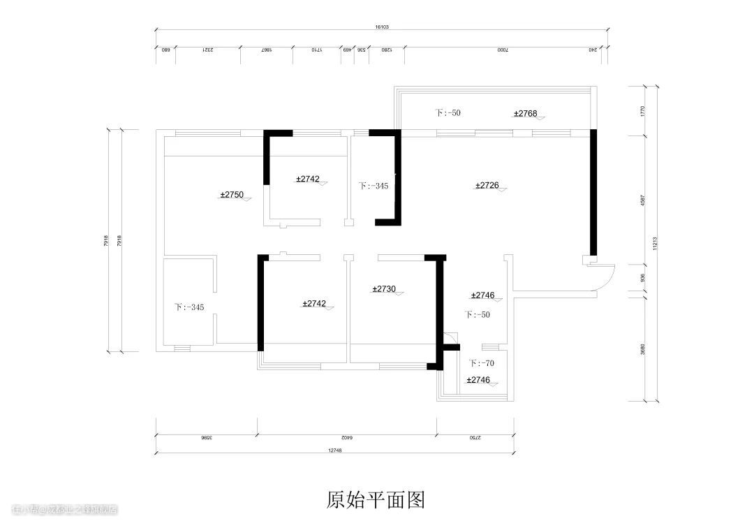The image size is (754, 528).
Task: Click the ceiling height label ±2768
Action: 526,113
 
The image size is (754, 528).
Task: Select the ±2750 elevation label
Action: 232,195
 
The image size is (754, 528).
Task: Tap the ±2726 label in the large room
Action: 487,185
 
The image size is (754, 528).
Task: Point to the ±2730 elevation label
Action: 384,288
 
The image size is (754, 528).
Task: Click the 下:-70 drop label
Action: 482,363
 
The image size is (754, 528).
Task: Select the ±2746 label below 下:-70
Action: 478,380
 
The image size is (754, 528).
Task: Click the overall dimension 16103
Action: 381,27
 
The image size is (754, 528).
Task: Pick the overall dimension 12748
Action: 334,450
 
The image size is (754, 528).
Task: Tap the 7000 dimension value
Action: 503,50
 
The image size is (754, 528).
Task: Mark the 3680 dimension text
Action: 642,349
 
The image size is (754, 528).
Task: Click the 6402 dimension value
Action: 347,438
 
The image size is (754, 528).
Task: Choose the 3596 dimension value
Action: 206,438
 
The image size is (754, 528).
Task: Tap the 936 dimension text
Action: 642,277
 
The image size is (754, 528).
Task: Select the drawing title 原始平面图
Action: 376,499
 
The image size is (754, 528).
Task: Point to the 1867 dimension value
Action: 266,50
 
